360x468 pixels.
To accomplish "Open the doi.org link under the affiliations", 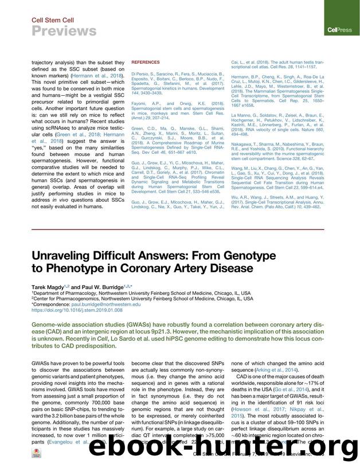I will [x=77, y=310].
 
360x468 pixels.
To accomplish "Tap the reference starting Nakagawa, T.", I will [x=279, y=153].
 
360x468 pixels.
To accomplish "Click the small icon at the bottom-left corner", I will [x=38, y=452].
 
